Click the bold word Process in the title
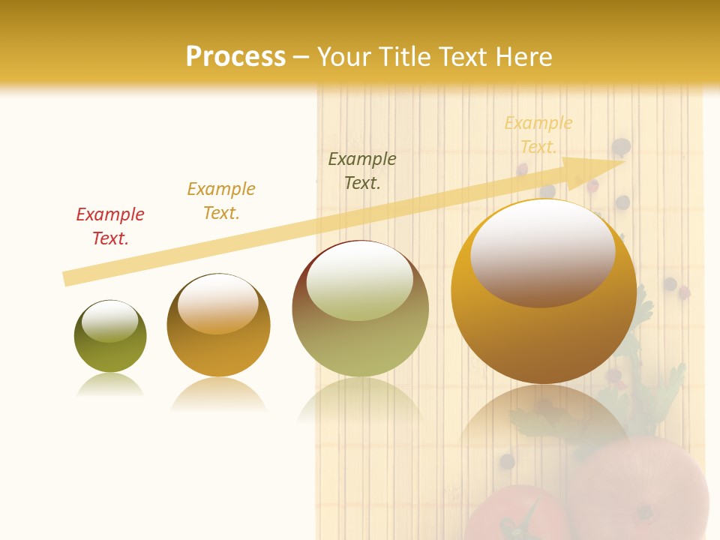pos(235,57)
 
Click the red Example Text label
pos(110,226)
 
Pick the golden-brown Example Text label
pos(221,201)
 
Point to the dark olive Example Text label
pos(362,171)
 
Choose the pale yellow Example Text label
pos(538,135)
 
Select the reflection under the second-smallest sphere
pos(218,394)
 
